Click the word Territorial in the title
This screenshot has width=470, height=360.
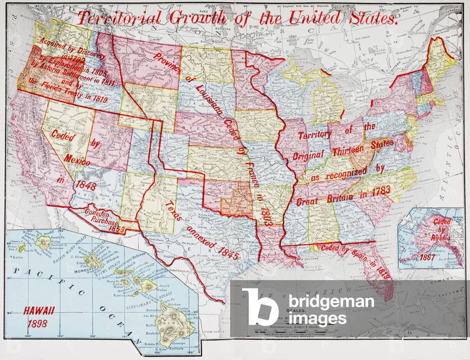120,18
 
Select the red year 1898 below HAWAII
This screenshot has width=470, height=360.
37,323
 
